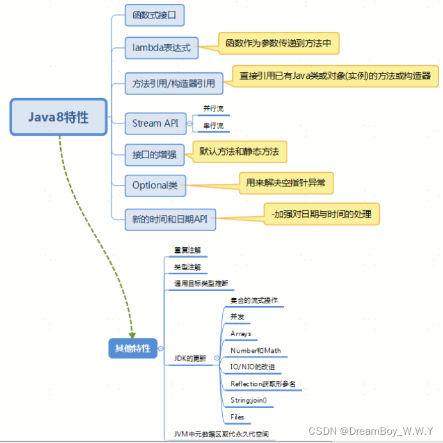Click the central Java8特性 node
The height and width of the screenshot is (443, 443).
58,117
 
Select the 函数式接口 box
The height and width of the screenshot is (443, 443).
154,14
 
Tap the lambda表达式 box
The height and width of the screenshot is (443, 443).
161,46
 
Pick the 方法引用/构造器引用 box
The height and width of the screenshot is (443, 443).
173,83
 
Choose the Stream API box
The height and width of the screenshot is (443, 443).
155,123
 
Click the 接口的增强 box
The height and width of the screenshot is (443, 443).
154,154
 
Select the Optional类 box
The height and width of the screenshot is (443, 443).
155,186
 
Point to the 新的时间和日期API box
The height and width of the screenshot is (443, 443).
170,218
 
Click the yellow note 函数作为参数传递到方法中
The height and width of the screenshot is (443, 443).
278,44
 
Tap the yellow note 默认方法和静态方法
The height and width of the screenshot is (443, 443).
239,152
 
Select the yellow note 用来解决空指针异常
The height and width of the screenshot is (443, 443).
286,183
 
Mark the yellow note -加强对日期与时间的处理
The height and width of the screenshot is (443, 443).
321,214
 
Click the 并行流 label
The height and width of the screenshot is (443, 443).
213,109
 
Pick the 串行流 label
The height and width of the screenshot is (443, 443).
213,125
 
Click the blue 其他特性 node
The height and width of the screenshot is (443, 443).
133,348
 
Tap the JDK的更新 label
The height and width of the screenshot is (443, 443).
190,358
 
